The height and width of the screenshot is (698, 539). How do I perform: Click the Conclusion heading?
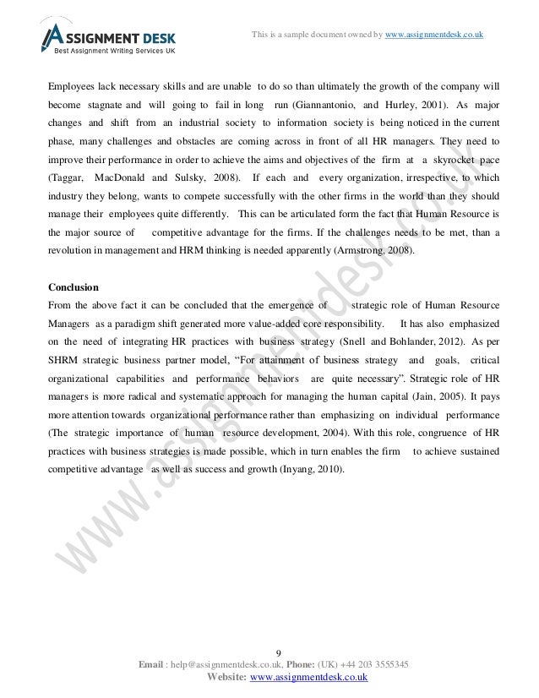click(x=73, y=286)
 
